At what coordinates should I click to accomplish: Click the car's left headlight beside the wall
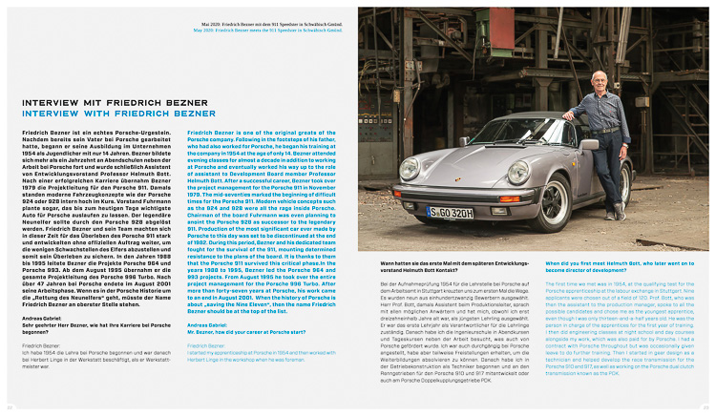click(410, 170)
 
